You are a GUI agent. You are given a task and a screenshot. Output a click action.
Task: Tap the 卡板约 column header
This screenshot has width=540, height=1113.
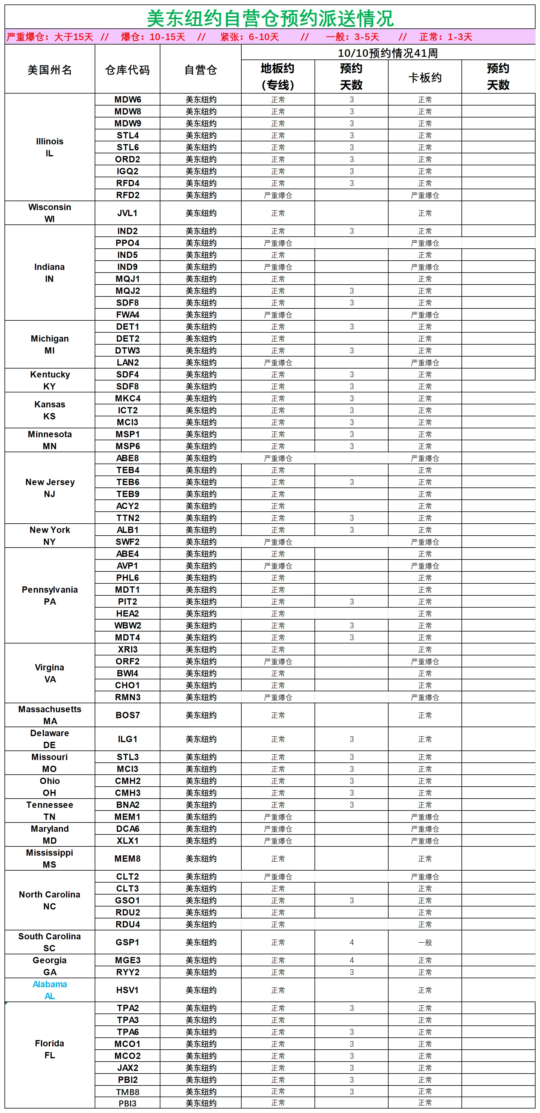[x=425, y=78]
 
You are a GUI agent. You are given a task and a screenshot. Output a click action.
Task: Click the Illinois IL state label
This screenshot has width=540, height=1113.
[x=50, y=147]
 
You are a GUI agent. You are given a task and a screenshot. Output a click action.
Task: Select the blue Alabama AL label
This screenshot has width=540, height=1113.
[x=50, y=990]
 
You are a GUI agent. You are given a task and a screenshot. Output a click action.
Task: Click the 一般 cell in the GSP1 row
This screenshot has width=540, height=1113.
[x=425, y=943]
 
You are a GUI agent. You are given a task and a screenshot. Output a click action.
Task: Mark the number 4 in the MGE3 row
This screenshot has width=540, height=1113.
[x=351, y=960]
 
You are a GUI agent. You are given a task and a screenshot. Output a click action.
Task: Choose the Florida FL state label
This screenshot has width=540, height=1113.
[x=50, y=1049]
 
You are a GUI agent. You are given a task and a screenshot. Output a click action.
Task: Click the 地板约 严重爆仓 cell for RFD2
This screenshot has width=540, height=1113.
[x=278, y=195]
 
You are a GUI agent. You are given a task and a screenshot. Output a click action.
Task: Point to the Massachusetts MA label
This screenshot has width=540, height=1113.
[x=50, y=715]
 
